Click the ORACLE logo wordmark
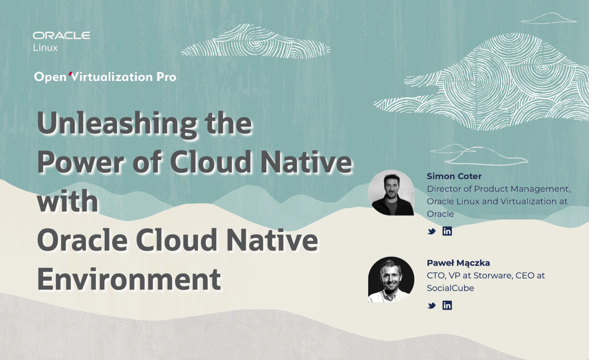(61, 35)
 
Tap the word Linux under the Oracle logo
(45, 48)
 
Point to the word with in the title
(67, 201)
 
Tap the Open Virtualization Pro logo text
(105, 77)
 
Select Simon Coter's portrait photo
(391, 193)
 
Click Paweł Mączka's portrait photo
(391, 280)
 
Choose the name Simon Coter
(454, 176)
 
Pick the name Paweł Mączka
(458, 263)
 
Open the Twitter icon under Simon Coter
(432, 231)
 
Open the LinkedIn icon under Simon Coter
(447, 231)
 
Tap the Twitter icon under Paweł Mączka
(432, 306)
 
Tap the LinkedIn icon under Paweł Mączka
(447, 305)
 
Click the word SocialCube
(450, 288)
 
